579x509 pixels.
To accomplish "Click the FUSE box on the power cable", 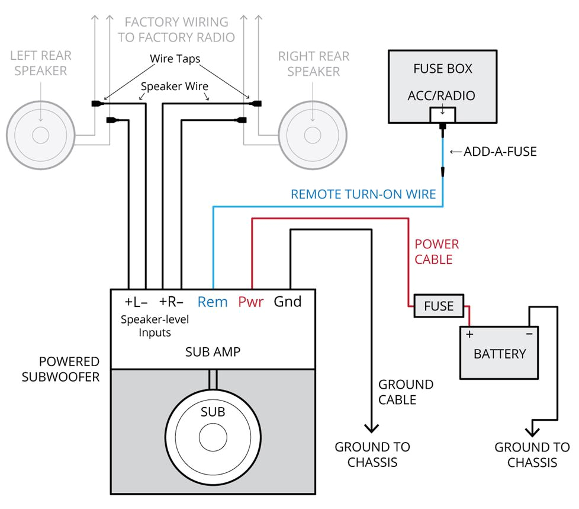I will click(x=439, y=306).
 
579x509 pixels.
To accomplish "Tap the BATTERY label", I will click(x=500, y=354).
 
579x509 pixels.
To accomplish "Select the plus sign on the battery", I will click(x=470, y=334).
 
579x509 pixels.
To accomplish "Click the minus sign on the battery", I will click(x=529, y=334).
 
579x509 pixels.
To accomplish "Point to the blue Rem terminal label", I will click(x=213, y=302).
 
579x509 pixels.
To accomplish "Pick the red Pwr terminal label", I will click(x=250, y=302).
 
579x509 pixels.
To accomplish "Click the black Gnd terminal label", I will click(x=288, y=302).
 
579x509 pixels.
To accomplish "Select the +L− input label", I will click(x=136, y=302).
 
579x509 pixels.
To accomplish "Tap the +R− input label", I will click(x=171, y=302).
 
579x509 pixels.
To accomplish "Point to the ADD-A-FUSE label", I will click(x=500, y=152).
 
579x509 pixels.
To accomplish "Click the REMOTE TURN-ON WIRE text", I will click(x=364, y=194).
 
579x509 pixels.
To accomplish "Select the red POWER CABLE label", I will click(x=437, y=252).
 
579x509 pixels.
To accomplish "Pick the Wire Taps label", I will click(x=175, y=59).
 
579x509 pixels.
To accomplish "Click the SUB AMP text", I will click(x=213, y=352).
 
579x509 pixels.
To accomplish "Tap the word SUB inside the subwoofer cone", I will click(x=213, y=412).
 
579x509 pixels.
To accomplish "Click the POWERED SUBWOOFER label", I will click(x=60, y=369).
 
